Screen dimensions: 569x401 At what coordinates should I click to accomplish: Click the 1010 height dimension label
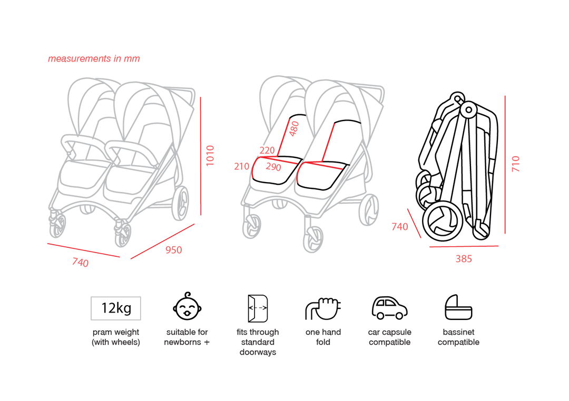pyautogui.click(x=210, y=156)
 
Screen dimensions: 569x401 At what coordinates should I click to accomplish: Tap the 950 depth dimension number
pyautogui.click(x=173, y=250)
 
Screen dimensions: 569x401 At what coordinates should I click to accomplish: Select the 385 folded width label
pyautogui.click(x=464, y=258)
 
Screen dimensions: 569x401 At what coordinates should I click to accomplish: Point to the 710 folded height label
pyautogui.click(x=515, y=164)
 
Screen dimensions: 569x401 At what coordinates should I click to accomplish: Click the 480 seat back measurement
pyautogui.click(x=294, y=129)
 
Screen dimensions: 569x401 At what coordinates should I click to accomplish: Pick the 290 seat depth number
pyautogui.click(x=273, y=167)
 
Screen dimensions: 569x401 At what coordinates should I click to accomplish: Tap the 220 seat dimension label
pyautogui.click(x=267, y=150)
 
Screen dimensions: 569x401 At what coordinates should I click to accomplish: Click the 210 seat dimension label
pyautogui.click(x=242, y=166)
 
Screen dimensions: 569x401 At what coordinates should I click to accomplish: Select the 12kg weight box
pyautogui.click(x=116, y=308)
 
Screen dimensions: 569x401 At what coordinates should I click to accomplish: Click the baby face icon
pyautogui.click(x=187, y=306)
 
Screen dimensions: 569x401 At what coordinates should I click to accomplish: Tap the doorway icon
pyautogui.click(x=258, y=308)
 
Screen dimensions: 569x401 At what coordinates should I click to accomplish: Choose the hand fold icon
pyautogui.click(x=323, y=308)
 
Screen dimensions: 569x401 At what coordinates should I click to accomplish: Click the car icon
pyautogui.click(x=389, y=308)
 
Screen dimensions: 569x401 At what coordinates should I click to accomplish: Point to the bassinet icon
pyautogui.click(x=458, y=307)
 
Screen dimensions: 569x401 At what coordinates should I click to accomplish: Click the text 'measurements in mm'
pyautogui.click(x=94, y=58)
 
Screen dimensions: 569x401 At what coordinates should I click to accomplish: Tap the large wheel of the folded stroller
pyautogui.click(x=443, y=221)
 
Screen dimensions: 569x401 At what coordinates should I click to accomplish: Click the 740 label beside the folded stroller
pyautogui.click(x=399, y=227)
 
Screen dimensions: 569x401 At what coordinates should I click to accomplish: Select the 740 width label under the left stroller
pyautogui.click(x=80, y=262)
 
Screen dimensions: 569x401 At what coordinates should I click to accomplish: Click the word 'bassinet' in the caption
pyautogui.click(x=458, y=332)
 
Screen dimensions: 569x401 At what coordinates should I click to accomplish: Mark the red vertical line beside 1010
pyautogui.click(x=200, y=156)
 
